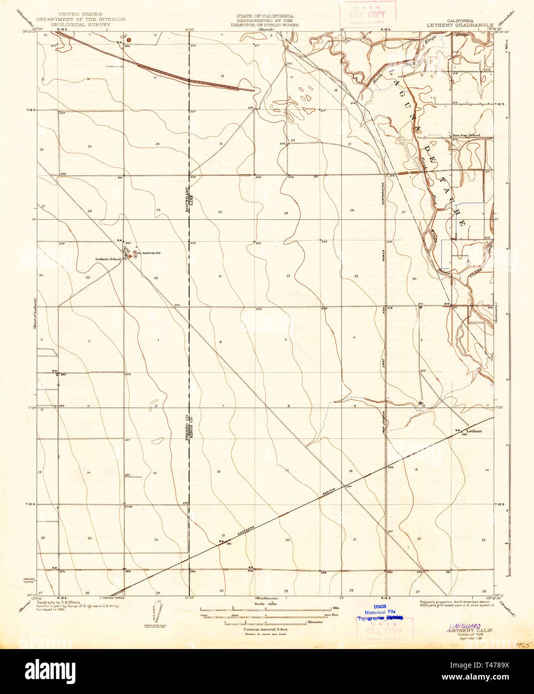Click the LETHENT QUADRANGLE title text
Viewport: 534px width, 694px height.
[x=460, y=24]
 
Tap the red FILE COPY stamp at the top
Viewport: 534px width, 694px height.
[x=368, y=14]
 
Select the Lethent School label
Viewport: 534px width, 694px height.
[x=108, y=259]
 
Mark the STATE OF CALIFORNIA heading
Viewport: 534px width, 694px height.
[x=265, y=16]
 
